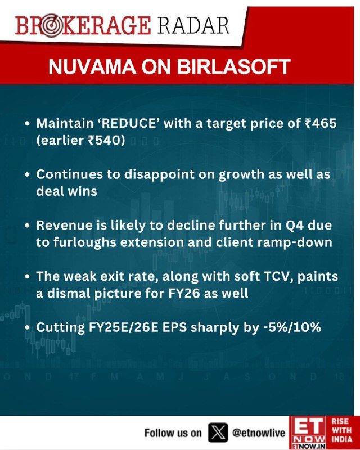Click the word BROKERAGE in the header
[x=83, y=26]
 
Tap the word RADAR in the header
[x=193, y=25]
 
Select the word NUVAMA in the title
[x=92, y=67]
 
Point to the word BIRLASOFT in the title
[x=233, y=67]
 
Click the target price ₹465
[x=321, y=123]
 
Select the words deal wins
[x=66, y=191]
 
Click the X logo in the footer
[x=218, y=432]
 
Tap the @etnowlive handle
[x=259, y=433]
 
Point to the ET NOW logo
[x=309, y=433]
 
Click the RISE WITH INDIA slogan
[x=341, y=430]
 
